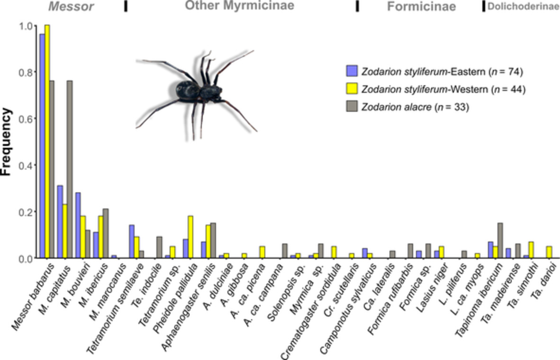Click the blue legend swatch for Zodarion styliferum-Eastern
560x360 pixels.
[x=352, y=72]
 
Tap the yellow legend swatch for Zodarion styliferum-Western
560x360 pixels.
[x=352, y=89]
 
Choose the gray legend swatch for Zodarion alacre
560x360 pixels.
[x=352, y=107]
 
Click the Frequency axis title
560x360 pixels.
[x=6, y=142]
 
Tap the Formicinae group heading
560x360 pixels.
[x=421, y=7]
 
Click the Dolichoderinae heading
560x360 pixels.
[x=523, y=7]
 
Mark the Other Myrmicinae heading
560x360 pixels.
[x=239, y=6]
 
